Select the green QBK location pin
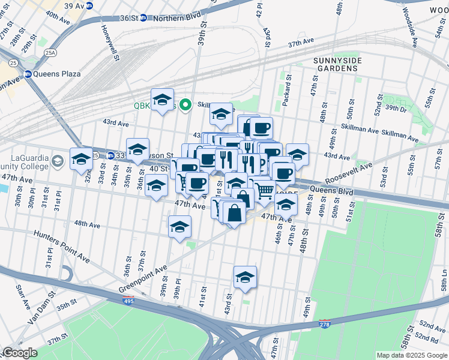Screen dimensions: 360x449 [x=185, y=105]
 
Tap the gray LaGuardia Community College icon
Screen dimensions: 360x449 [x=58, y=161]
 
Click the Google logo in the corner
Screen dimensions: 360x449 [x=19, y=353]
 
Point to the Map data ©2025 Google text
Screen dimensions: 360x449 [x=411, y=355]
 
